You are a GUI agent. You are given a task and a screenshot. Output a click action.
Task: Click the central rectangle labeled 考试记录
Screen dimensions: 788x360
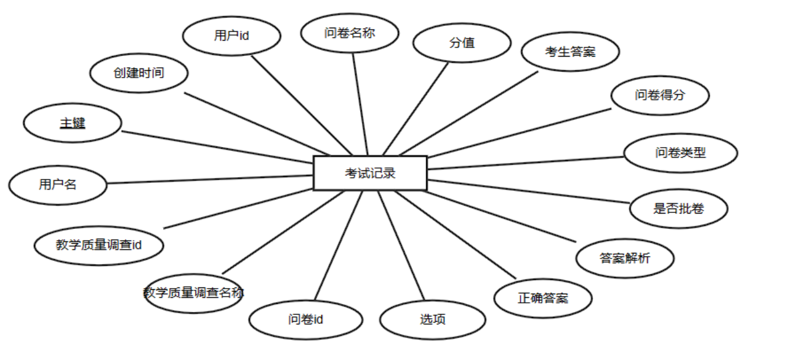point(370,173)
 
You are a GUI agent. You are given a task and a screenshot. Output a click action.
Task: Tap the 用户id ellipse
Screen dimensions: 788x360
point(231,36)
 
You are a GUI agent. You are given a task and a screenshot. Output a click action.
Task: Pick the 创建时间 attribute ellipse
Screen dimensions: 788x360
point(139,73)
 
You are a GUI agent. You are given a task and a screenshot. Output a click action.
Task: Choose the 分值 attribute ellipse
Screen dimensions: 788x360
point(462,43)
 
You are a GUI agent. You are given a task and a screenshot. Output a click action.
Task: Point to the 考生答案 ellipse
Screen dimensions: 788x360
point(570,52)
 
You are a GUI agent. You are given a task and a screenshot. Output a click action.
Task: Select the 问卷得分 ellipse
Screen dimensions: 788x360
point(660,95)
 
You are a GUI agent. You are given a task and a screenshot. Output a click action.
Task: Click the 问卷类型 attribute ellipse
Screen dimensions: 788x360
point(680,153)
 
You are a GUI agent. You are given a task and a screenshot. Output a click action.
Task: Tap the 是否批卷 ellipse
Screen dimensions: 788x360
point(678,208)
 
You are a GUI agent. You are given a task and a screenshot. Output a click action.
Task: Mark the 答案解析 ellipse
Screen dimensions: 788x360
point(625,258)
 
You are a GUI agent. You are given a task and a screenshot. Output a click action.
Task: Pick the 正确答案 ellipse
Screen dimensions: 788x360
point(543,298)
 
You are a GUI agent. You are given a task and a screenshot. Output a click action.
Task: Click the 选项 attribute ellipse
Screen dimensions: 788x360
point(433,319)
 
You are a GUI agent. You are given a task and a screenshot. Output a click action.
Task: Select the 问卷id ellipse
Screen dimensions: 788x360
point(306,319)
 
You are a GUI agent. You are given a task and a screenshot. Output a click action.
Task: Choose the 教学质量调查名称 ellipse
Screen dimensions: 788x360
point(193,293)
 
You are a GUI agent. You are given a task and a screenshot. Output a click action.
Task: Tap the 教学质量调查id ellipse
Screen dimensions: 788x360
point(99,245)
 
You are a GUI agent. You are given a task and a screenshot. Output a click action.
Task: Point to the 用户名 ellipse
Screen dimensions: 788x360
point(58,184)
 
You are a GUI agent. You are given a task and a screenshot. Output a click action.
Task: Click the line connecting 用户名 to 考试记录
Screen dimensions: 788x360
point(209,179)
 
